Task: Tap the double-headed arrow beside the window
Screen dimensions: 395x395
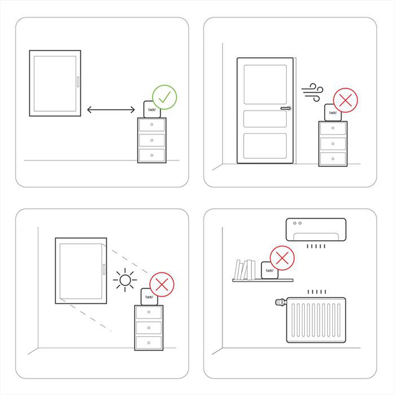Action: (x=111, y=110)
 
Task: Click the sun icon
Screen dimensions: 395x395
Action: (x=125, y=280)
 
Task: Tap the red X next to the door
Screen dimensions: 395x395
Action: (x=345, y=100)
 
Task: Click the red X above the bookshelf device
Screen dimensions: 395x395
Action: (x=282, y=258)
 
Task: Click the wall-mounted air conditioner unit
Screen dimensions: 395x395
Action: (x=316, y=230)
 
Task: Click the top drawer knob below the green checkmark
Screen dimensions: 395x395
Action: (x=152, y=125)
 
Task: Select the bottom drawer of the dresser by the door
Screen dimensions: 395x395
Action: (x=333, y=158)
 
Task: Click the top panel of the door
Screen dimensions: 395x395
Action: (x=265, y=85)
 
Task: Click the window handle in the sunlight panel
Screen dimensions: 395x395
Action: (x=103, y=269)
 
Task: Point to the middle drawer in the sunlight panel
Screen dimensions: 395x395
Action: (x=149, y=327)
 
